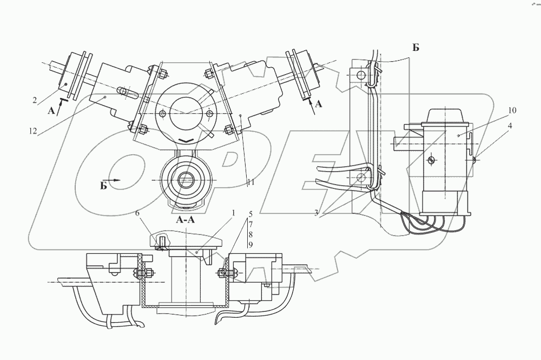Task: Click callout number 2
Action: [34, 100]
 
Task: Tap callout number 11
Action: [250, 182]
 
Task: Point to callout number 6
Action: [137, 214]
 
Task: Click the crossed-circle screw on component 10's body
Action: [431, 160]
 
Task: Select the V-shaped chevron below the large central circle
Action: [185, 140]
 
